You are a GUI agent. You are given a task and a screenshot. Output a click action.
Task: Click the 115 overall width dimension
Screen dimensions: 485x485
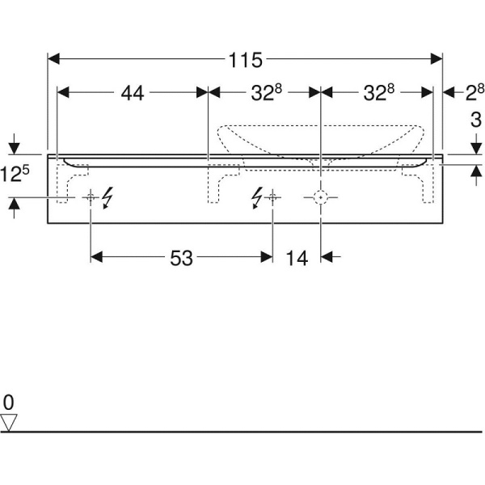pyautogui.click(x=245, y=60)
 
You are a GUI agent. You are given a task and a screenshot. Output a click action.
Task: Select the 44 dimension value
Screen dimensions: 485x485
pyautogui.click(x=133, y=93)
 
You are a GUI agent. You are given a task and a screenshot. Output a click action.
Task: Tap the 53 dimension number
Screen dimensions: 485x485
pyautogui.click(x=182, y=257)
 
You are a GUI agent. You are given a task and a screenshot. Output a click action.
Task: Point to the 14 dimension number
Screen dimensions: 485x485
pyautogui.click(x=297, y=257)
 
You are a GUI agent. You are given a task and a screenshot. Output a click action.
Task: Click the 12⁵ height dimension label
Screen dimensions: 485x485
pyautogui.click(x=15, y=174)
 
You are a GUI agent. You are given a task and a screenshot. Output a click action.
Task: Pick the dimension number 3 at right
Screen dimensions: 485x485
pyautogui.click(x=476, y=120)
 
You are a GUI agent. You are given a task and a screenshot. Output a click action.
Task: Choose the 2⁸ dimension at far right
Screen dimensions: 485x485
pyautogui.click(x=474, y=92)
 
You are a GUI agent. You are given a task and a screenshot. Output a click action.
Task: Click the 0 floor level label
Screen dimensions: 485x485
pyautogui.click(x=8, y=403)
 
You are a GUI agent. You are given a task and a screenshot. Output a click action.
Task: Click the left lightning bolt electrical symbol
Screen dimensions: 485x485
pyautogui.click(x=108, y=198)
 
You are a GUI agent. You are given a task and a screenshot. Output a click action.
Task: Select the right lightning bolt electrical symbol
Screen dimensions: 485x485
pyautogui.click(x=257, y=198)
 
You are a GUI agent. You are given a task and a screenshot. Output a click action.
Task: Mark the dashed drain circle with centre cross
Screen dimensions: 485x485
pyautogui.click(x=321, y=197)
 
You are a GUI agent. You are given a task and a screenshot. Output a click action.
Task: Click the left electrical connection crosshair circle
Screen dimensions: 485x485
pyautogui.click(x=91, y=197)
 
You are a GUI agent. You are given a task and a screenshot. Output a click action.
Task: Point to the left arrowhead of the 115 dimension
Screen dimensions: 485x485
pyautogui.click(x=53, y=59)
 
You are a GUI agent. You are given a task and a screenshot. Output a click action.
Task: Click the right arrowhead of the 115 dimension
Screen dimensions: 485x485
pyautogui.click(x=436, y=59)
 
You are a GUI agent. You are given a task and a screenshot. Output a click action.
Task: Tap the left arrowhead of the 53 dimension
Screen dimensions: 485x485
pyautogui.click(x=96, y=257)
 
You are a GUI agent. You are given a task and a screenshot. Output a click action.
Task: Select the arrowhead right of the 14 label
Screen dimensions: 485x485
pyautogui.click(x=327, y=257)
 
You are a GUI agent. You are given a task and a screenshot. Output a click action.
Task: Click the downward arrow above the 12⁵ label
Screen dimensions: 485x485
pyautogui.click(x=15, y=144)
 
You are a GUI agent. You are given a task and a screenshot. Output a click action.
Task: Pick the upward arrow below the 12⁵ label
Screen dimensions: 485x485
pyautogui.click(x=15, y=209)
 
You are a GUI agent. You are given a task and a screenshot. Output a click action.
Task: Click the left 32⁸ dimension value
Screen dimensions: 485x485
pyautogui.click(x=266, y=93)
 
